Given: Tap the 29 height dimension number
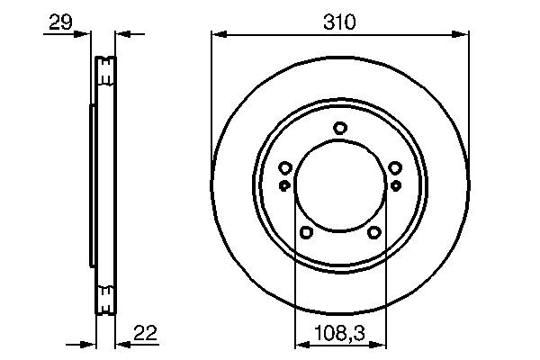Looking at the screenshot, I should click(60, 22).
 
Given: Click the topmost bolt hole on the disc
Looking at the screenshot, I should click(339, 128).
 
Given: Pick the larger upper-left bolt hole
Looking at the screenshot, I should click(285, 167).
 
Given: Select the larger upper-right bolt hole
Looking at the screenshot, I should click(394, 167).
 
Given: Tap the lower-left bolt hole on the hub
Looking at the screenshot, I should click(306, 232).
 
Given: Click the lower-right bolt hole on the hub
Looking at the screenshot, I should click(373, 232).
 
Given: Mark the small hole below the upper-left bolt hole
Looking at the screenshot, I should click(285, 184).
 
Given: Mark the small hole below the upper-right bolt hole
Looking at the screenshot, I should click(395, 184).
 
